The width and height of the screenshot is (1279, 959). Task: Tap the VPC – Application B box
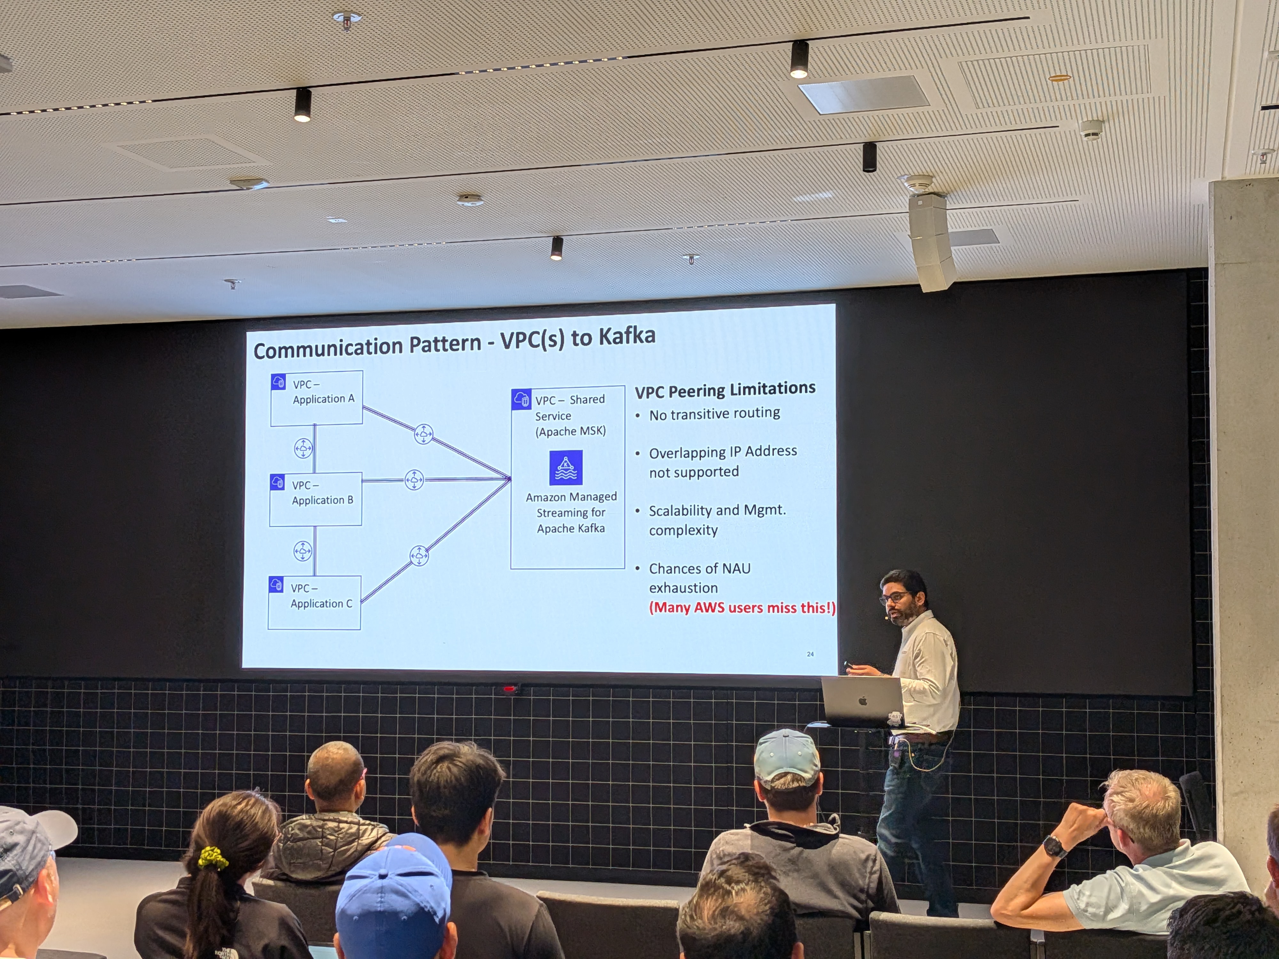tap(316, 499)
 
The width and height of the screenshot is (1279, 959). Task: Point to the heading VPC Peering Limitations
tap(725, 390)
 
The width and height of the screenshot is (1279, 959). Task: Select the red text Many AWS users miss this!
tap(742, 608)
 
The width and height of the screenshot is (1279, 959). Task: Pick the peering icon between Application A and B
tap(303, 448)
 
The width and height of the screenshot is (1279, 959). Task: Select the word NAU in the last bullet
tap(736, 569)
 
